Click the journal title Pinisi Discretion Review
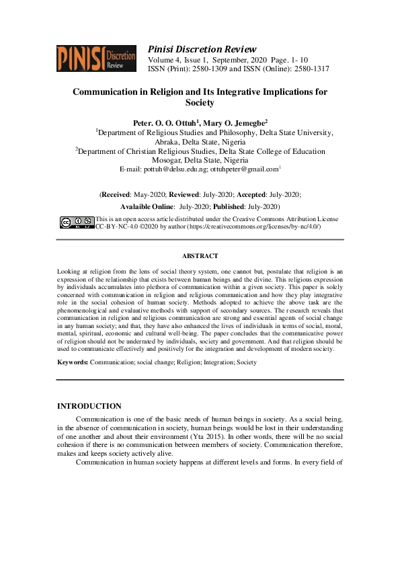(202, 49)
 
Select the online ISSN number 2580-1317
(310, 69)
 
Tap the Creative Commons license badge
(77, 223)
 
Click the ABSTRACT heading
(200, 256)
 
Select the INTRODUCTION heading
(89, 406)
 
